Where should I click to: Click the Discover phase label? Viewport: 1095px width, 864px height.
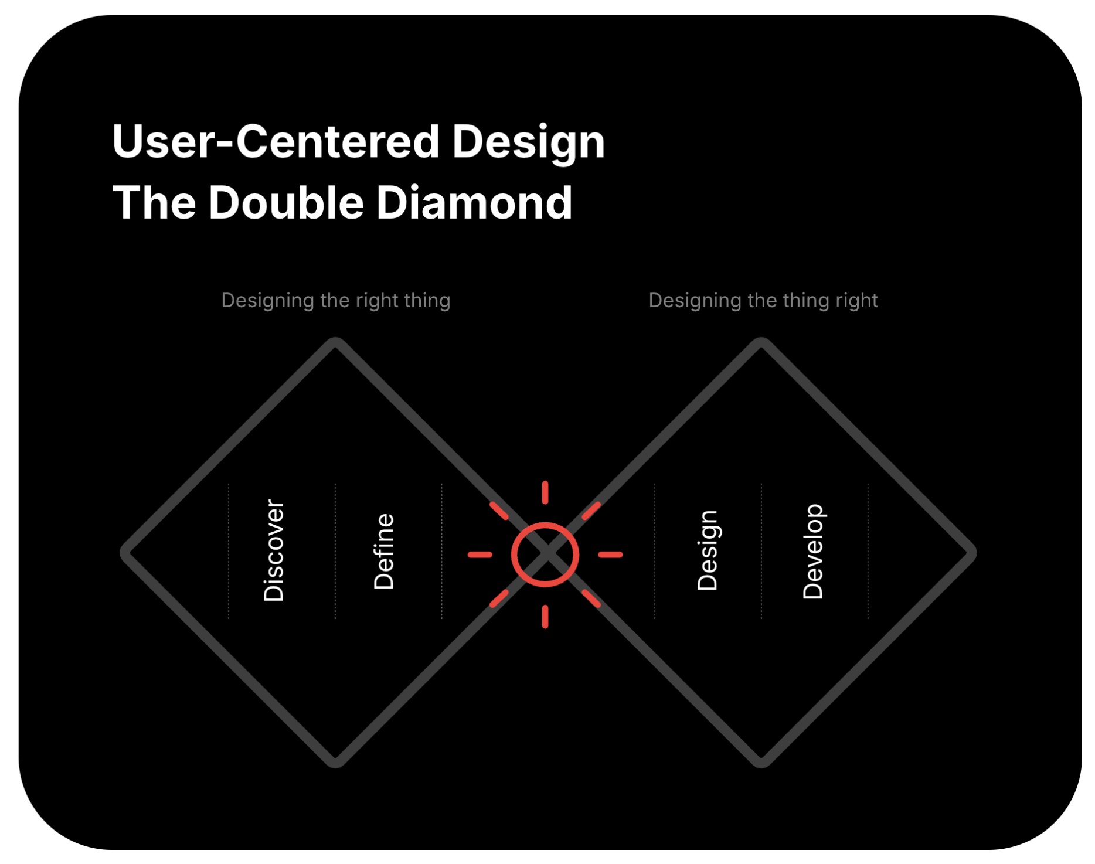(274, 550)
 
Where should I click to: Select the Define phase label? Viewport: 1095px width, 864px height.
(384, 552)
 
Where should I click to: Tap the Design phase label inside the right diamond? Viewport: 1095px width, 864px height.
(708, 550)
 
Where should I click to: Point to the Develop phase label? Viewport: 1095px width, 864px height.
(813, 552)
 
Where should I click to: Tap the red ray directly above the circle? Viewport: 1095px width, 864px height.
(545, 492)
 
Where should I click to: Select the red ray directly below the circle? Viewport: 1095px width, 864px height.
(545, 617)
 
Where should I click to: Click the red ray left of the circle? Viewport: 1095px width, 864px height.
(480, 555)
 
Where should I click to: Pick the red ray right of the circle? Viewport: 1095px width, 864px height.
(610, 555)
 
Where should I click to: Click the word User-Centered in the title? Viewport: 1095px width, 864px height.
(276, 142)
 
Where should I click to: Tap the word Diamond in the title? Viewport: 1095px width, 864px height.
(474, 203)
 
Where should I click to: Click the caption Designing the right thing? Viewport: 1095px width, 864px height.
(336, 301)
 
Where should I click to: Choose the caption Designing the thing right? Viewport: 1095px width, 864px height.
(763, 301)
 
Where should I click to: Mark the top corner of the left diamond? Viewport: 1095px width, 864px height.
(336, 342)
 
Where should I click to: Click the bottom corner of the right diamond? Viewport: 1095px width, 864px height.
(761, 763)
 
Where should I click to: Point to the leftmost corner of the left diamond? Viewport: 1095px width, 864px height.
(124, 553)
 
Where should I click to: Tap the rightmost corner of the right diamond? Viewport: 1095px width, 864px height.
(972, 553)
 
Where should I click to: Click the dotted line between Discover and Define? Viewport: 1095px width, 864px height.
(335, 551)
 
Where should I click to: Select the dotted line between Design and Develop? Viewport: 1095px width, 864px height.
(761, 551)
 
